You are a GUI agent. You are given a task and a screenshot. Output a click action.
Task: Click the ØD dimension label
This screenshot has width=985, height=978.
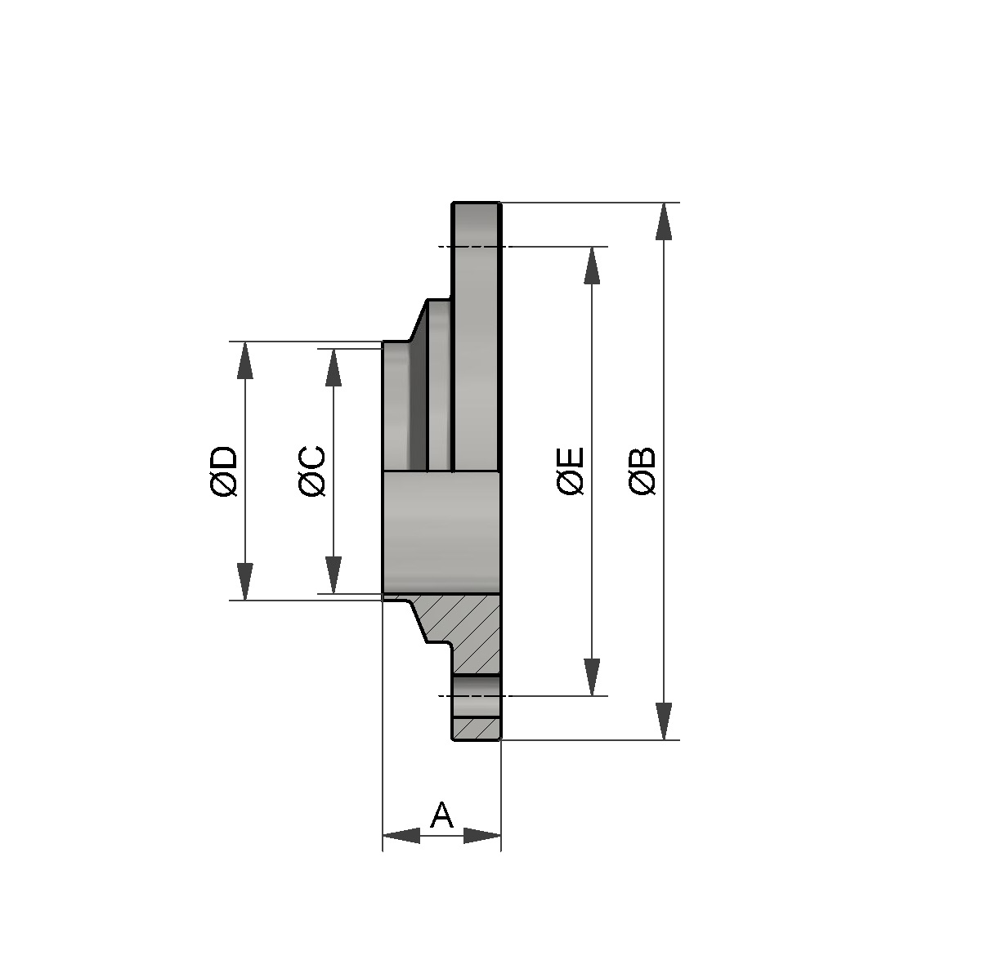click(223, 471)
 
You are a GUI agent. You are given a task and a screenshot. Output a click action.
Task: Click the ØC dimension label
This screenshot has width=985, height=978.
click(312, 471)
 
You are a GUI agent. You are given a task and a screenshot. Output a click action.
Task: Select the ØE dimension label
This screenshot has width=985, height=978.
click(571, 471)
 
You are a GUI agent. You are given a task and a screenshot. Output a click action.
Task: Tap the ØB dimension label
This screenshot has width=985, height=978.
click(643, 471)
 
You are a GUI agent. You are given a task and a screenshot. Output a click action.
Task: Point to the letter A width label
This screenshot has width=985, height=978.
click(441, 815)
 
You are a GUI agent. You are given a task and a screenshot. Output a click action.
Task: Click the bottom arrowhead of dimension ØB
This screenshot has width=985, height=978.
click(664, 721)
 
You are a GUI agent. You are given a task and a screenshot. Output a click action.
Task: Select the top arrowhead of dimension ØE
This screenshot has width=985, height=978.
click(592, 265)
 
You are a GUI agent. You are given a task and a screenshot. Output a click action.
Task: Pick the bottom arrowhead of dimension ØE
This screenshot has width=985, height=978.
click(592, 677)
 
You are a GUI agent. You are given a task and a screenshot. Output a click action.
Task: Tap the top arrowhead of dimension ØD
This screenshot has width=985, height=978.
click(244, 360)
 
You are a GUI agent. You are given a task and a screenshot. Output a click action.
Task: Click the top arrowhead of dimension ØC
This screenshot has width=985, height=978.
click(333, 368)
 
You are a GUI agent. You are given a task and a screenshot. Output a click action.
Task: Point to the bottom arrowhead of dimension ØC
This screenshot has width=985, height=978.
click(333, 575)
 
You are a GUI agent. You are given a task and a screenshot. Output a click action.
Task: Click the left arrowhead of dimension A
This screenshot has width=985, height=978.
click(401, 836)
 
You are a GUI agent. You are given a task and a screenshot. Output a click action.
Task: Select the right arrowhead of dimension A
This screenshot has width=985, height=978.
click(482, 836)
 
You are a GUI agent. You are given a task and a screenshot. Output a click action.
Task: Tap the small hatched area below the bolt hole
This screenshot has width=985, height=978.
click(476, 727)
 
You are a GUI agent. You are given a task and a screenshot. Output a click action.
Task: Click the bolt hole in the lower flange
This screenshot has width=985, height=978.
click(476, 695)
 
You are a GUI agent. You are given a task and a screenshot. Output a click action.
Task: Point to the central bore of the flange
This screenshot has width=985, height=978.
click(441, 532)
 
